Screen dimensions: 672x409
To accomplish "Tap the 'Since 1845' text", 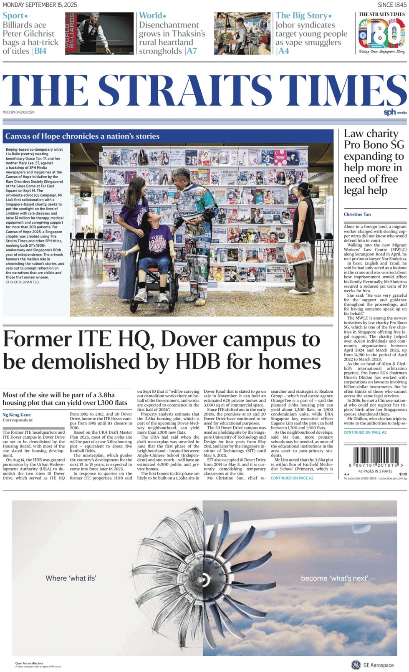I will pyautogui.click(x=391, y=5).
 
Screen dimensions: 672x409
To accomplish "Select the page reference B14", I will pyautogui.click(x=40, y=51).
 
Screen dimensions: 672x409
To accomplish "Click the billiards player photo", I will pyautogui.click(x=99, y=33).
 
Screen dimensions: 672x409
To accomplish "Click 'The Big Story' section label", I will pyautogui.click(x=303, y=16).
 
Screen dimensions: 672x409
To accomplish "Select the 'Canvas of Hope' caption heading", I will pyautogui.click(x=82, y=136).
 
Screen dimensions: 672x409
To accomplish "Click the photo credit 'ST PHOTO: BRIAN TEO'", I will pyautogui.click(x=22, y=283).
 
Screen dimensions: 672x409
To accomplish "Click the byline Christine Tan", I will pyautogui.click(x=357, y=214).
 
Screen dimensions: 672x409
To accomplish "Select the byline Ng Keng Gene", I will pyautogui.click(x=17, y=414).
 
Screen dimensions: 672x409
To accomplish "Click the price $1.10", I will pyautogui.click(x=403, y=474).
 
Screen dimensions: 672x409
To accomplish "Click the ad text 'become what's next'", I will pyautogui.click(x=334, y=578).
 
